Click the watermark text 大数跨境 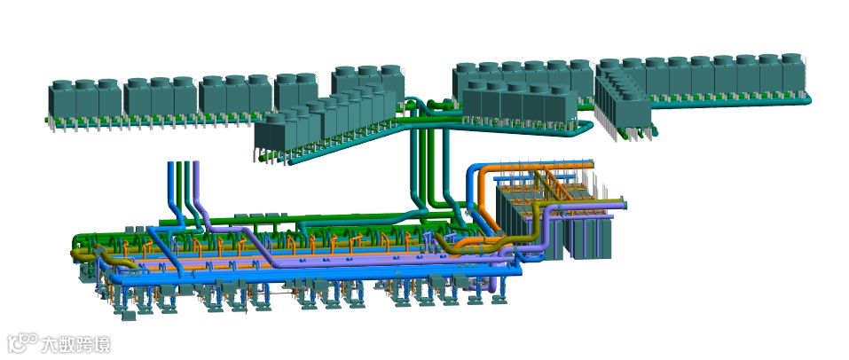click(x=75, y=344)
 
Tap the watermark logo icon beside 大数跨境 click(x=23, y=343)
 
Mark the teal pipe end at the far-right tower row click(x=808, y=99)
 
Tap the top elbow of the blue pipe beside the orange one click(x=473, y=169)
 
